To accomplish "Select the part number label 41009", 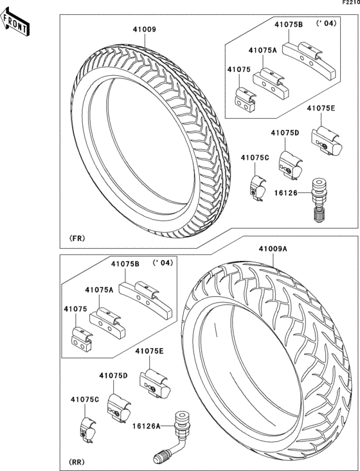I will pos(145,30).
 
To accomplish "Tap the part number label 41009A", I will pos(273,248).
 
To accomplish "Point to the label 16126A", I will pos(147,425).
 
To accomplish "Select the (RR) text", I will pos(76,463).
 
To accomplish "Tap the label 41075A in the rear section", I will pos(99,290).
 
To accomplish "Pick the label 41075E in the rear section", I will pos(149,351).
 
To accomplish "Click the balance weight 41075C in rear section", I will pos(87,429).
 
